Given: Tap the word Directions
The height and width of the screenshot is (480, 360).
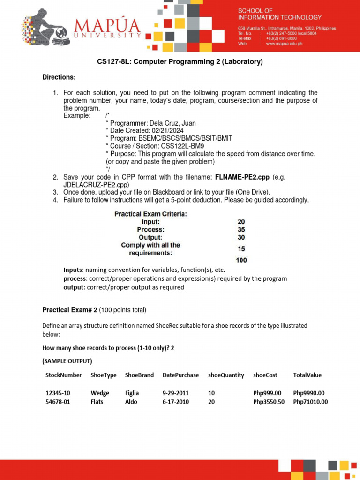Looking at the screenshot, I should pos(59,77).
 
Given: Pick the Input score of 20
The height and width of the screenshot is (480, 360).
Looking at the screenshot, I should pos(241,222).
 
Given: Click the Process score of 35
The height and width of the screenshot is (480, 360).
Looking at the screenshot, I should pos(241,230).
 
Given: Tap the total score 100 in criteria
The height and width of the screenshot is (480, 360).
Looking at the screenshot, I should pos(241,260).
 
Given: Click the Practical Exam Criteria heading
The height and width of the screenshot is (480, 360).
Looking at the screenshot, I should pos(151,214).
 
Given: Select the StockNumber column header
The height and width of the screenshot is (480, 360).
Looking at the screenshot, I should pos(63,375).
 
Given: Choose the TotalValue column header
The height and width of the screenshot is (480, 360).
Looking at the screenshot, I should pos(307,375).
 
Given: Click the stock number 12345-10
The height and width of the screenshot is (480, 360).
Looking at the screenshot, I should pos(58,393).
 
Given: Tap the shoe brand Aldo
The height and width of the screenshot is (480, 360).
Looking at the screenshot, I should pos(131,402).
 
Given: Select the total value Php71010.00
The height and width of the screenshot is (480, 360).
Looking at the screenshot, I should pos(310,402).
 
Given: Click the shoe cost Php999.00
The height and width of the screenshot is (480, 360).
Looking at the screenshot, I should pos(267,393).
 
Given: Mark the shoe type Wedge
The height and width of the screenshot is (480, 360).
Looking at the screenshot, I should pos(100,393).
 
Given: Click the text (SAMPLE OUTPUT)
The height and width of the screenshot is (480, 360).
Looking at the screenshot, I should pos(67,361).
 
